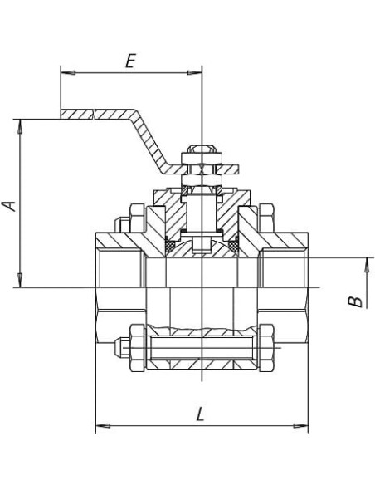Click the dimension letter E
(130, 61)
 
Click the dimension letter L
(201, 414)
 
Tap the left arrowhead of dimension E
(68, 73)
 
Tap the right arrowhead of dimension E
(195, 73)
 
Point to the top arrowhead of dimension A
(20, 126)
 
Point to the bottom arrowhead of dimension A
(20, 280)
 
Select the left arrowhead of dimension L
(103, 426)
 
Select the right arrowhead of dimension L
(300, 426)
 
